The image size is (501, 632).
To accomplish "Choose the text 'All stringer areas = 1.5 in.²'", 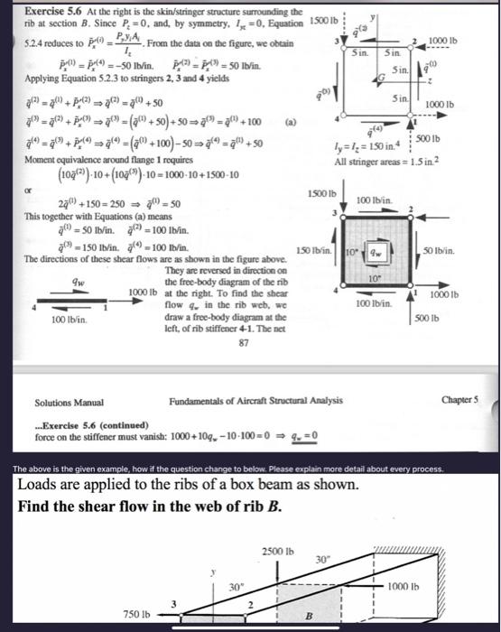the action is coord(385,162).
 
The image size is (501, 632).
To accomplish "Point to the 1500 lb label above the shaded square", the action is coord(322,192).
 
